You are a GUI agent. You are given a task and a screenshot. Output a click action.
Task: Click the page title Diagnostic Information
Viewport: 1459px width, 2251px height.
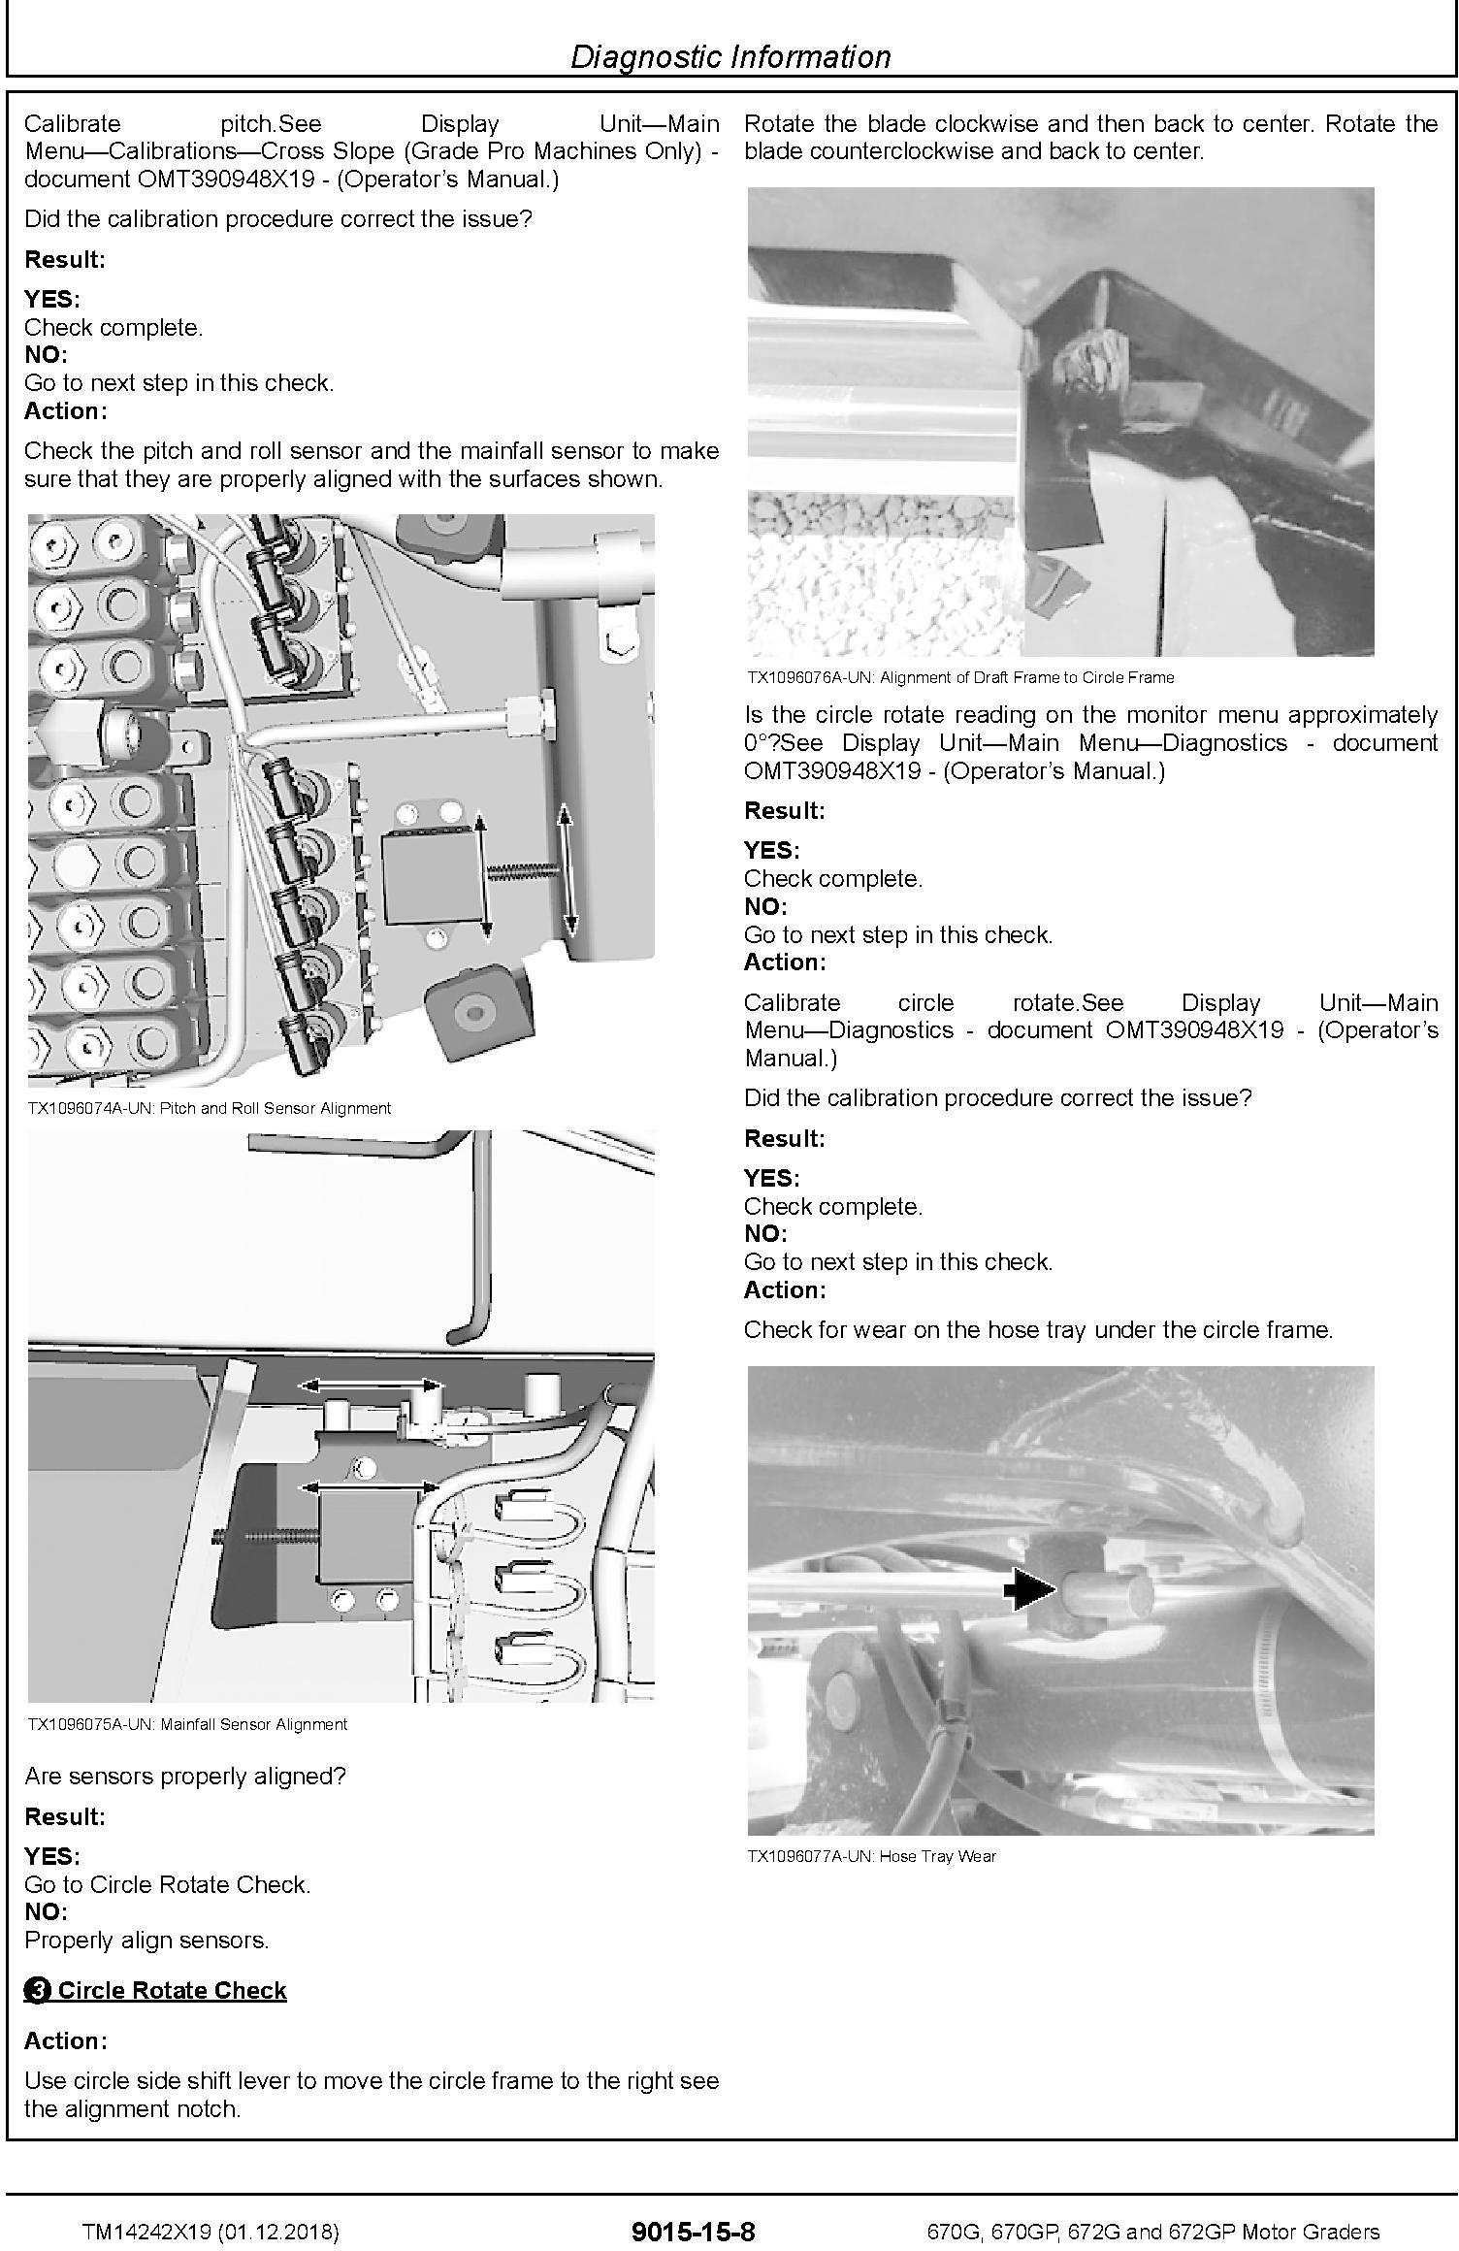tap(729, 57)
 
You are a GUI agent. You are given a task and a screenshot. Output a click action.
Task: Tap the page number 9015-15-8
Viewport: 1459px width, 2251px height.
tap(692, 2232)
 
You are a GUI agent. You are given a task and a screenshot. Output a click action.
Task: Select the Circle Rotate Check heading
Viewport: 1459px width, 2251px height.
tap(172, 1990)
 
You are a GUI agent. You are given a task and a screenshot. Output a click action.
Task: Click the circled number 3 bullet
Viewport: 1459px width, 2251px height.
tap(38, 1991)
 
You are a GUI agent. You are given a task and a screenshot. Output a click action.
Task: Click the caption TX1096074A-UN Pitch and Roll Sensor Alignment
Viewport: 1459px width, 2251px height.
tap(209, 1108)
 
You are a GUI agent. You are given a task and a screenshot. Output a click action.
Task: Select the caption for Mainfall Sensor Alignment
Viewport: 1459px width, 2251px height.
tap(186, 1724)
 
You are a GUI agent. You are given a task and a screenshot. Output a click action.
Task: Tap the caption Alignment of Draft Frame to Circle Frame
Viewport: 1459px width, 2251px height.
tap(959, 677)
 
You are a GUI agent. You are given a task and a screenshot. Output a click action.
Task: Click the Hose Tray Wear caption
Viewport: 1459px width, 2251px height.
tap(871, 1856)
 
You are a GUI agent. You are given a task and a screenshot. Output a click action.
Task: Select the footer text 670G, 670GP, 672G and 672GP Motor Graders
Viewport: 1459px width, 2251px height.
tap(1152, 2233)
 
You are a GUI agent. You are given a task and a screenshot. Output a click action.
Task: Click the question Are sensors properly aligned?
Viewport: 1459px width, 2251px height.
tap(184, 1777)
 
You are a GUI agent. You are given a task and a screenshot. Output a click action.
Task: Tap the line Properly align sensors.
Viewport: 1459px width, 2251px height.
tap(146, 1940)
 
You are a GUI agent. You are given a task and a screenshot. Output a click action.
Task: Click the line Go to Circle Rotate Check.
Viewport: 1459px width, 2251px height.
tap(167, 1884)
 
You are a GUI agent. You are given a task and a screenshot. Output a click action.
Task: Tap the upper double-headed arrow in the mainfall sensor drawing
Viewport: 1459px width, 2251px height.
tap(370, 1386)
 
